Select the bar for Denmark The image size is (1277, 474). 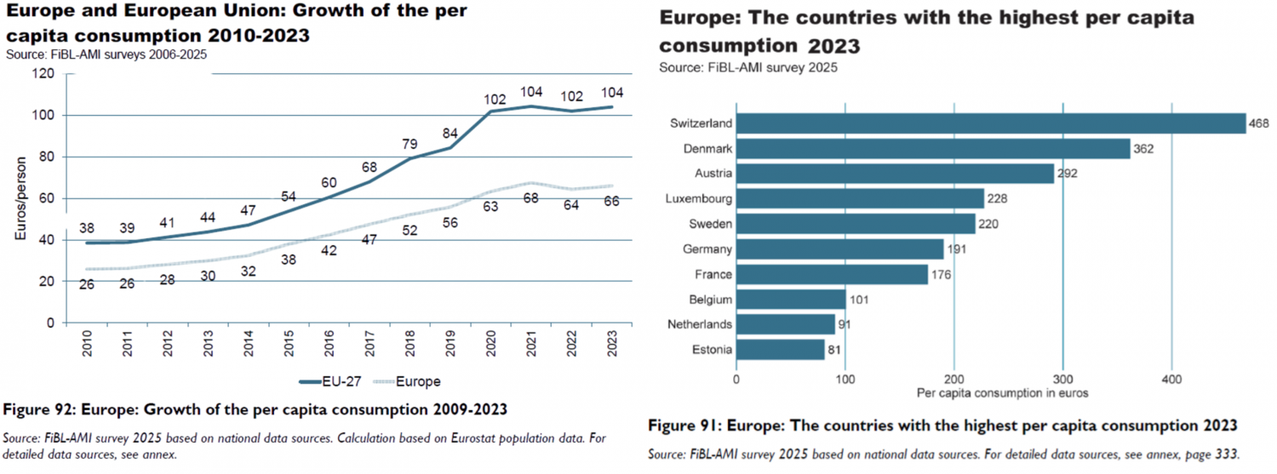click(932, 149)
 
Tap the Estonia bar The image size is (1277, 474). click(780, 350)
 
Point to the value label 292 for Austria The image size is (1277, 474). click(1068, 174)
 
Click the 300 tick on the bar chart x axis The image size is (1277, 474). click(1062, 379)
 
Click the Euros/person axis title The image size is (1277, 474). click(21, 198)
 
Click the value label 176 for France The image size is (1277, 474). click(941, 275)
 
